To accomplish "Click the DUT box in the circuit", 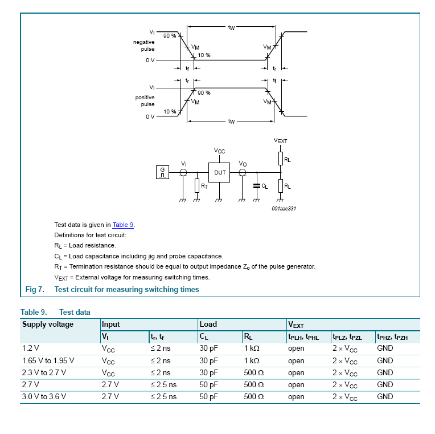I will point(220,172).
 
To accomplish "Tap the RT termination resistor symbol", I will point(196,185).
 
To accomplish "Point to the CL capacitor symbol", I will point(256,186).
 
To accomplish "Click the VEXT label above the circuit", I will point(281,140).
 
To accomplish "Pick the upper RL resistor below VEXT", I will point(280,158).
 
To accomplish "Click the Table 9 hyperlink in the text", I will point(123,225).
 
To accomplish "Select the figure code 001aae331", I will point(284,209).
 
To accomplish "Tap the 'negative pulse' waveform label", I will point(143,46).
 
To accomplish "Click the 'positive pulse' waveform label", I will point(145,101).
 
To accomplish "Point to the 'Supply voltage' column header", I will point(48,325).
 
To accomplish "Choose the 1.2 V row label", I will point(31,348).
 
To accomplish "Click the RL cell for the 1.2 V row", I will point(252,348).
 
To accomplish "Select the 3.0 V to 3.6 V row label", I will point(44,397).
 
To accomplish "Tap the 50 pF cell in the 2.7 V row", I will point(208,385).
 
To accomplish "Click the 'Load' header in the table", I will point(208,325).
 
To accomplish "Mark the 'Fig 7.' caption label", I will point(35,290).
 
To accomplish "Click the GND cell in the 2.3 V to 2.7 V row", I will point(385,373).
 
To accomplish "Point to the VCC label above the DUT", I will point(219,151).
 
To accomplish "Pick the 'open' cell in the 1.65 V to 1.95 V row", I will point(296,361).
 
